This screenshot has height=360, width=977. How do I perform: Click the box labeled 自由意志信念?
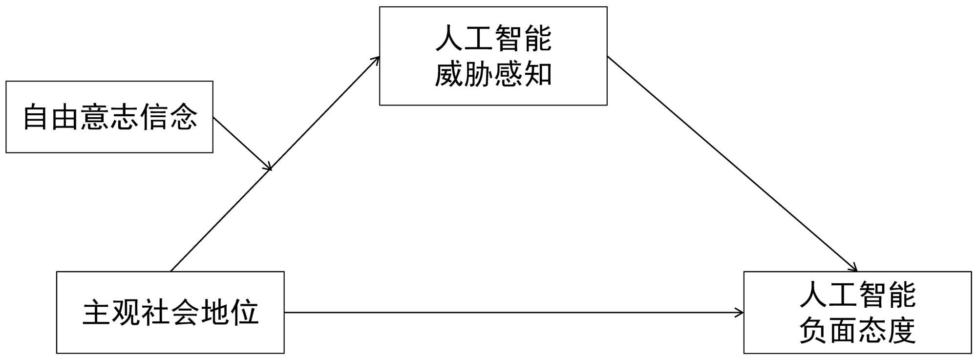point(109,117)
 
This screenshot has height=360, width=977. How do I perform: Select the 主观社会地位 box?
point(170,312)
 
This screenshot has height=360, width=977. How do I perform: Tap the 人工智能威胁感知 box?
point(493,56)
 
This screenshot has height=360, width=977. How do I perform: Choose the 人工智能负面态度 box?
point(857,312)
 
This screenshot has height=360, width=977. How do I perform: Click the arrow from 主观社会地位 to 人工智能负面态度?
point(513,312)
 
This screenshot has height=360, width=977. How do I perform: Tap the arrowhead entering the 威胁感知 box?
point(376,60)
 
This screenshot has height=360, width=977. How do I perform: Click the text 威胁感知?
point(493,75)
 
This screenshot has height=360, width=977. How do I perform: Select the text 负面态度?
point(857,331)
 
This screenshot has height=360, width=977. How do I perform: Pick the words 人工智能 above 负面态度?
point(857,294)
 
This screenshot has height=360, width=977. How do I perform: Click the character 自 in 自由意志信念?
point(36,117)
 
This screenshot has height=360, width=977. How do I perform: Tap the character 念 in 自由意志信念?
point(183,117)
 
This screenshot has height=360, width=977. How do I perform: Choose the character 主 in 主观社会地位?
point(96,312)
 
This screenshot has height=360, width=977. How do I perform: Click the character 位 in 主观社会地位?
point(245,312)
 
